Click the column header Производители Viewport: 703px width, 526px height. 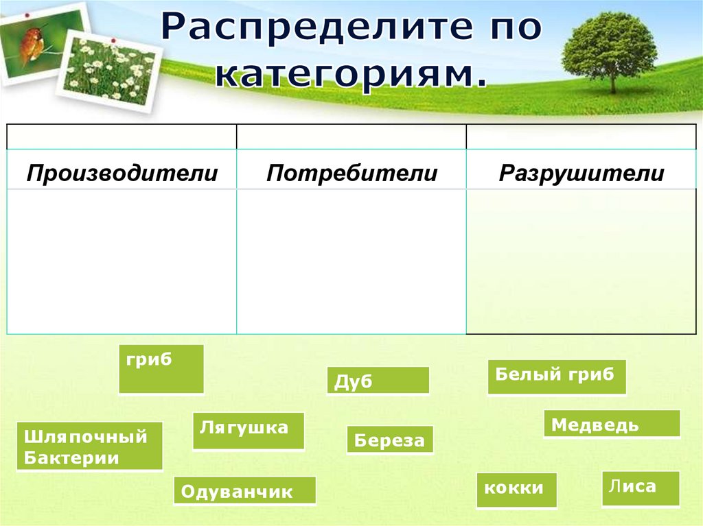(x=122, y=174)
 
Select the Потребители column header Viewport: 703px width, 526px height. (x=352, y=174)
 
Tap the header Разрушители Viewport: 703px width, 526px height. (x=581, y=174)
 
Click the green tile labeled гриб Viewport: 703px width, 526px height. (x=161, y=369)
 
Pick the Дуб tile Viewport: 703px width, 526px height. (x=378, y=381)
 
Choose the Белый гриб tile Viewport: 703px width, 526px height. (x=557, y=377)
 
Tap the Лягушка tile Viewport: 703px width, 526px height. (x=249, y=431)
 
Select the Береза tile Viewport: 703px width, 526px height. (x=390, y=440)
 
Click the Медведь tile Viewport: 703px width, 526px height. (x=612, y=423)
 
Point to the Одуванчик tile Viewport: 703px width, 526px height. (x=245, y=490)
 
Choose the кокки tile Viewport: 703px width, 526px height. (x=516, y=490)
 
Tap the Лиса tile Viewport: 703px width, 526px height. (x=641, y=489)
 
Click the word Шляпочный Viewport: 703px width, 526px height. (x=86, y=436)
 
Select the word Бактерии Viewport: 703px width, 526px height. (x=71, y=458)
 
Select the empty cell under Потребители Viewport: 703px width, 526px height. (x=351, y=262)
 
